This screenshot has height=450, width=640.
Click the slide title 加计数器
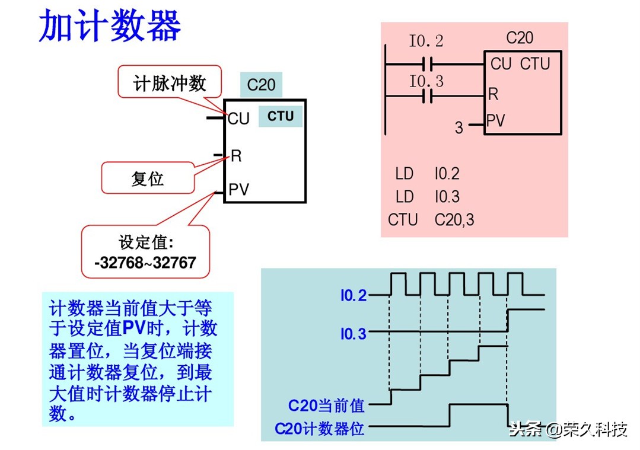point(110,27)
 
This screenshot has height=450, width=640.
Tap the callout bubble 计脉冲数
point(170,82)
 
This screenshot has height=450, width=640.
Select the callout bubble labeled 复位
point(147,178)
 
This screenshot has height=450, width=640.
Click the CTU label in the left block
point(280,116)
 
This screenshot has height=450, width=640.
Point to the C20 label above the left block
point(261,85)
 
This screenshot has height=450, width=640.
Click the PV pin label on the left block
point(239,190)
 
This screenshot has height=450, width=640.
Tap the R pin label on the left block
point(236,156)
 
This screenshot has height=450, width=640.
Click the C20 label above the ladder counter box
point(520,39)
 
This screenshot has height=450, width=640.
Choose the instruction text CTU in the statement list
point(403,220)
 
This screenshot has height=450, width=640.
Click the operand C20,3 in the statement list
point(454,220)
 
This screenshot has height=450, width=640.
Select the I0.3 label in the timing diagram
point(354,334)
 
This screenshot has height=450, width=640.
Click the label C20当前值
point(326,406)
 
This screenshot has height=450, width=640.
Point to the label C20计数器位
point(320,428)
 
